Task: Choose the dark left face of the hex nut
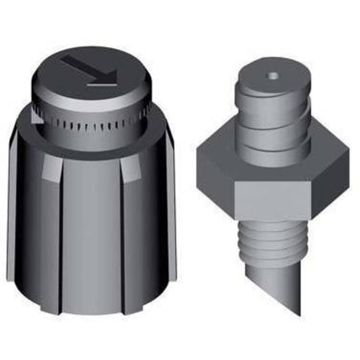click(x=216, y=175)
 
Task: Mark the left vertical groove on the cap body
click(x=60, y=234)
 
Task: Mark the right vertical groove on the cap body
click(x=122, y=234)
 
